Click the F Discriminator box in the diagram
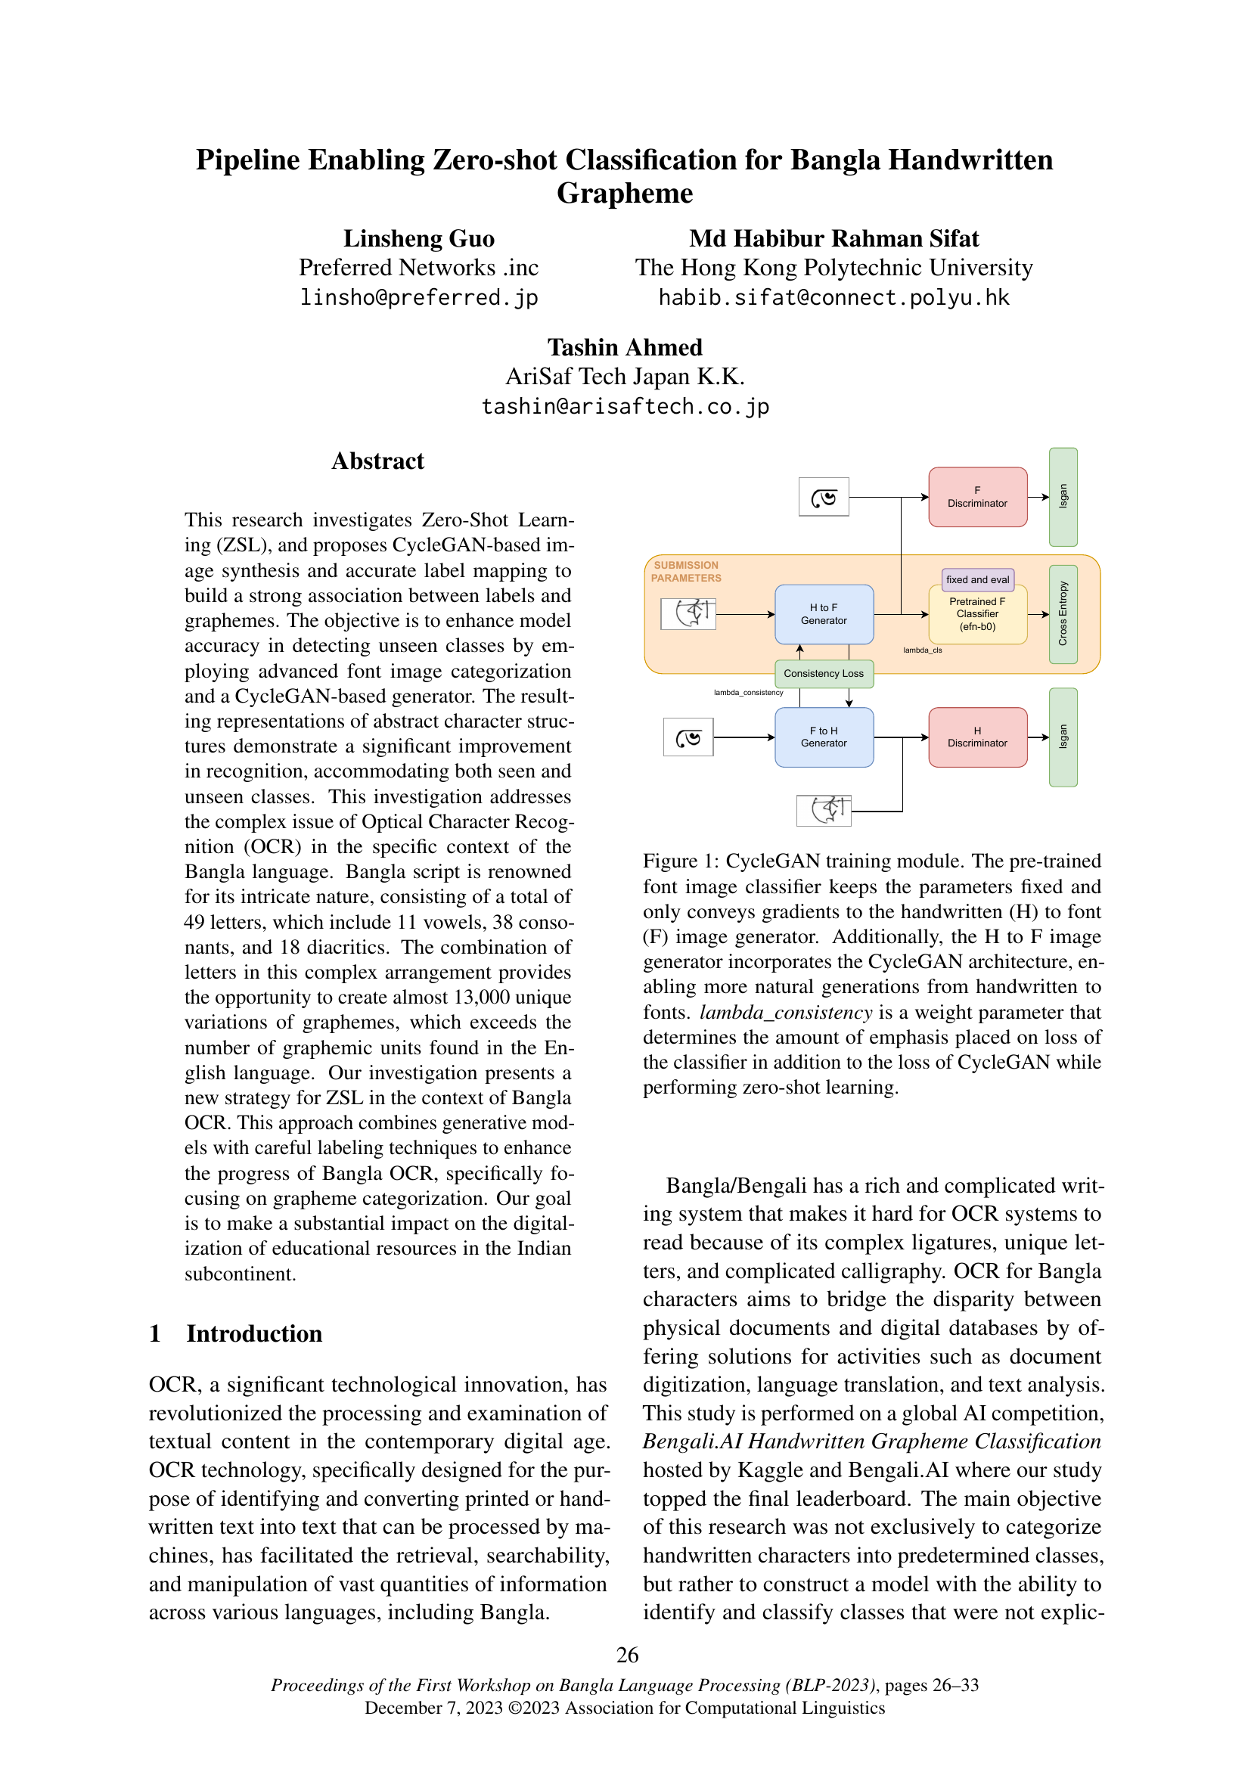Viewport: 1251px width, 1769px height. (x=976, y=497)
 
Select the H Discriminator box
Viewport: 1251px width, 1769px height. (x=976, y=737)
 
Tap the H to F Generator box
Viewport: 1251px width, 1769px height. (x=824, y=614)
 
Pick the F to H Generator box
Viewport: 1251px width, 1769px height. (x=824, y=737)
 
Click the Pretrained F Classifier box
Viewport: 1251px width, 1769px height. (x=976, y=614)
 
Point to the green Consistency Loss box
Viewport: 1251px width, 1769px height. (x=824, y=673)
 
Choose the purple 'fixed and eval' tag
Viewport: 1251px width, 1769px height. (x=977, y=579)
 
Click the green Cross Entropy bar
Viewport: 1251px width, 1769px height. (x=1063, y=614)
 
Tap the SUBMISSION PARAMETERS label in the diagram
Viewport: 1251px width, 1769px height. (x=686, y=572)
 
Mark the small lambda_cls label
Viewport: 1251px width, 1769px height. (x=922, y=650)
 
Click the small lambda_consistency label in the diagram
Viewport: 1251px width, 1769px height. (x=748, y=693)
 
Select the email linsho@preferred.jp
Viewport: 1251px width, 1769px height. (x=418, y=297)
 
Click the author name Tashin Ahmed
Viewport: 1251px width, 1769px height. (x=625, y=347)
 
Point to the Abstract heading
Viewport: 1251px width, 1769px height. (x=377, y=461)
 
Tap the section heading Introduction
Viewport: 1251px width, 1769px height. (x=253, y=1333)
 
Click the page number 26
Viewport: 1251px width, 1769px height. (x=627, y=1654)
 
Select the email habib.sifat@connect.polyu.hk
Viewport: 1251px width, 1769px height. (x=833, y=297)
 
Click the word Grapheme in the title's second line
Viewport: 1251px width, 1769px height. (x=625, y=193)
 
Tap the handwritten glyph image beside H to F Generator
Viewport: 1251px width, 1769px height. (x=689, y=613)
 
